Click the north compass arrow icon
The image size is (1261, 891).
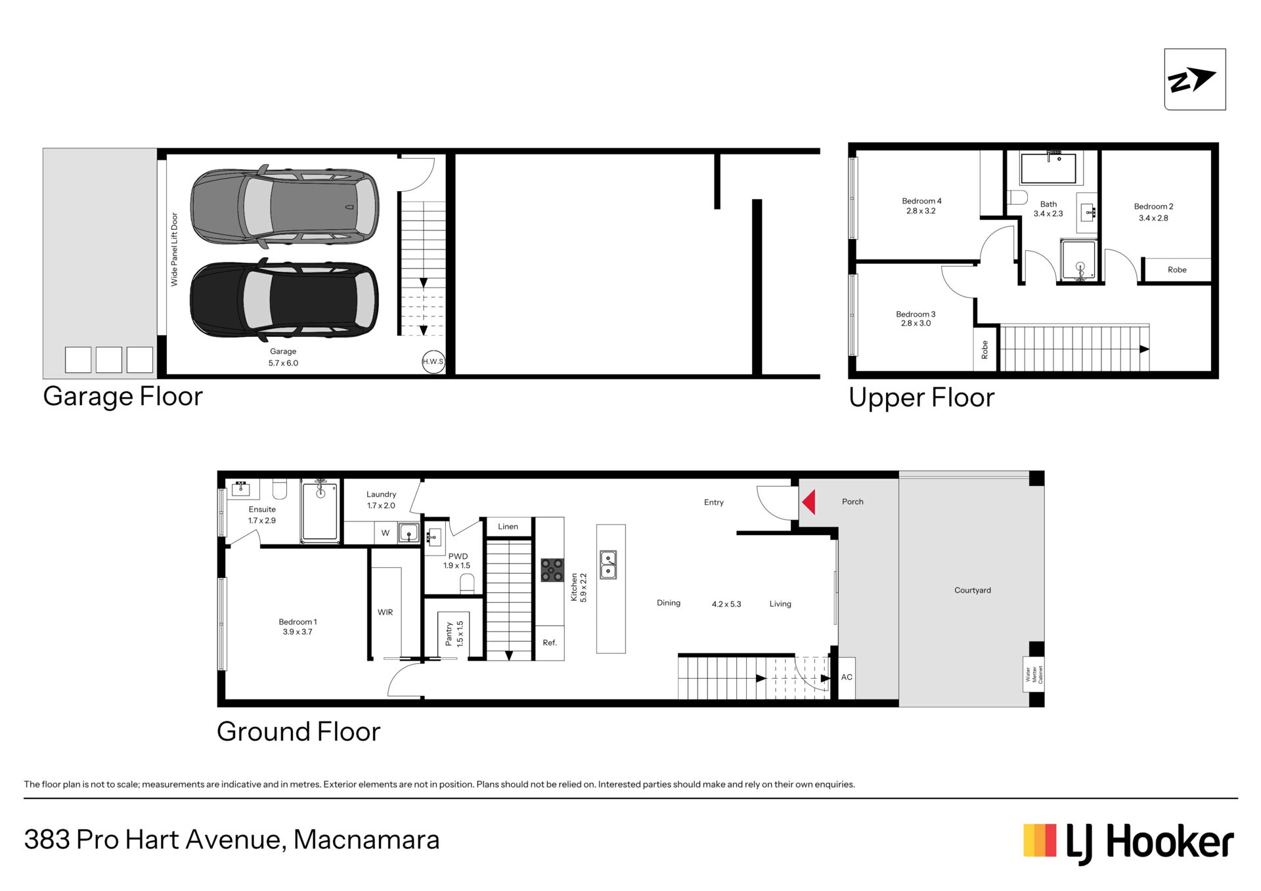pos(1195,79)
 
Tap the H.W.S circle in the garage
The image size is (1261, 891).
pos(433,362)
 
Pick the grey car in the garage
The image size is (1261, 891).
pos(284,206)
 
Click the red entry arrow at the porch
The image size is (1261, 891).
pos(809,502)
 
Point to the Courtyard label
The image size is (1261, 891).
pos(973,590)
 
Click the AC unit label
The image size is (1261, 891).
pos(847,677)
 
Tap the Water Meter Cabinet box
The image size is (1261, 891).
pos(1034,674)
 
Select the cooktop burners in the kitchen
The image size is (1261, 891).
pos(552,570)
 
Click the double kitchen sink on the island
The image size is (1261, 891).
pos(608,565)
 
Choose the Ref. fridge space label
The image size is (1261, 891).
pos(550,643)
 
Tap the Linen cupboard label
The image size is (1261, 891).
pos(508,527)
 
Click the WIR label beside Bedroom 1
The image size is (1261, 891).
pos(385,613)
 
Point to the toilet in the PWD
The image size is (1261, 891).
pos(467,584)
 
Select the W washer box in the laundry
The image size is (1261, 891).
pos(386,533)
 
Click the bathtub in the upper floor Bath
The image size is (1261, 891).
pos(1048,169)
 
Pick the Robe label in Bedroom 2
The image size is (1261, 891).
pos(1177,270)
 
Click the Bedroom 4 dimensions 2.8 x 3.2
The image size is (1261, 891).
pos(921,211)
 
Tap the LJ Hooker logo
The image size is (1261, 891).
pos(1128,842)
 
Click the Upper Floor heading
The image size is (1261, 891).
pos(921,398)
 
